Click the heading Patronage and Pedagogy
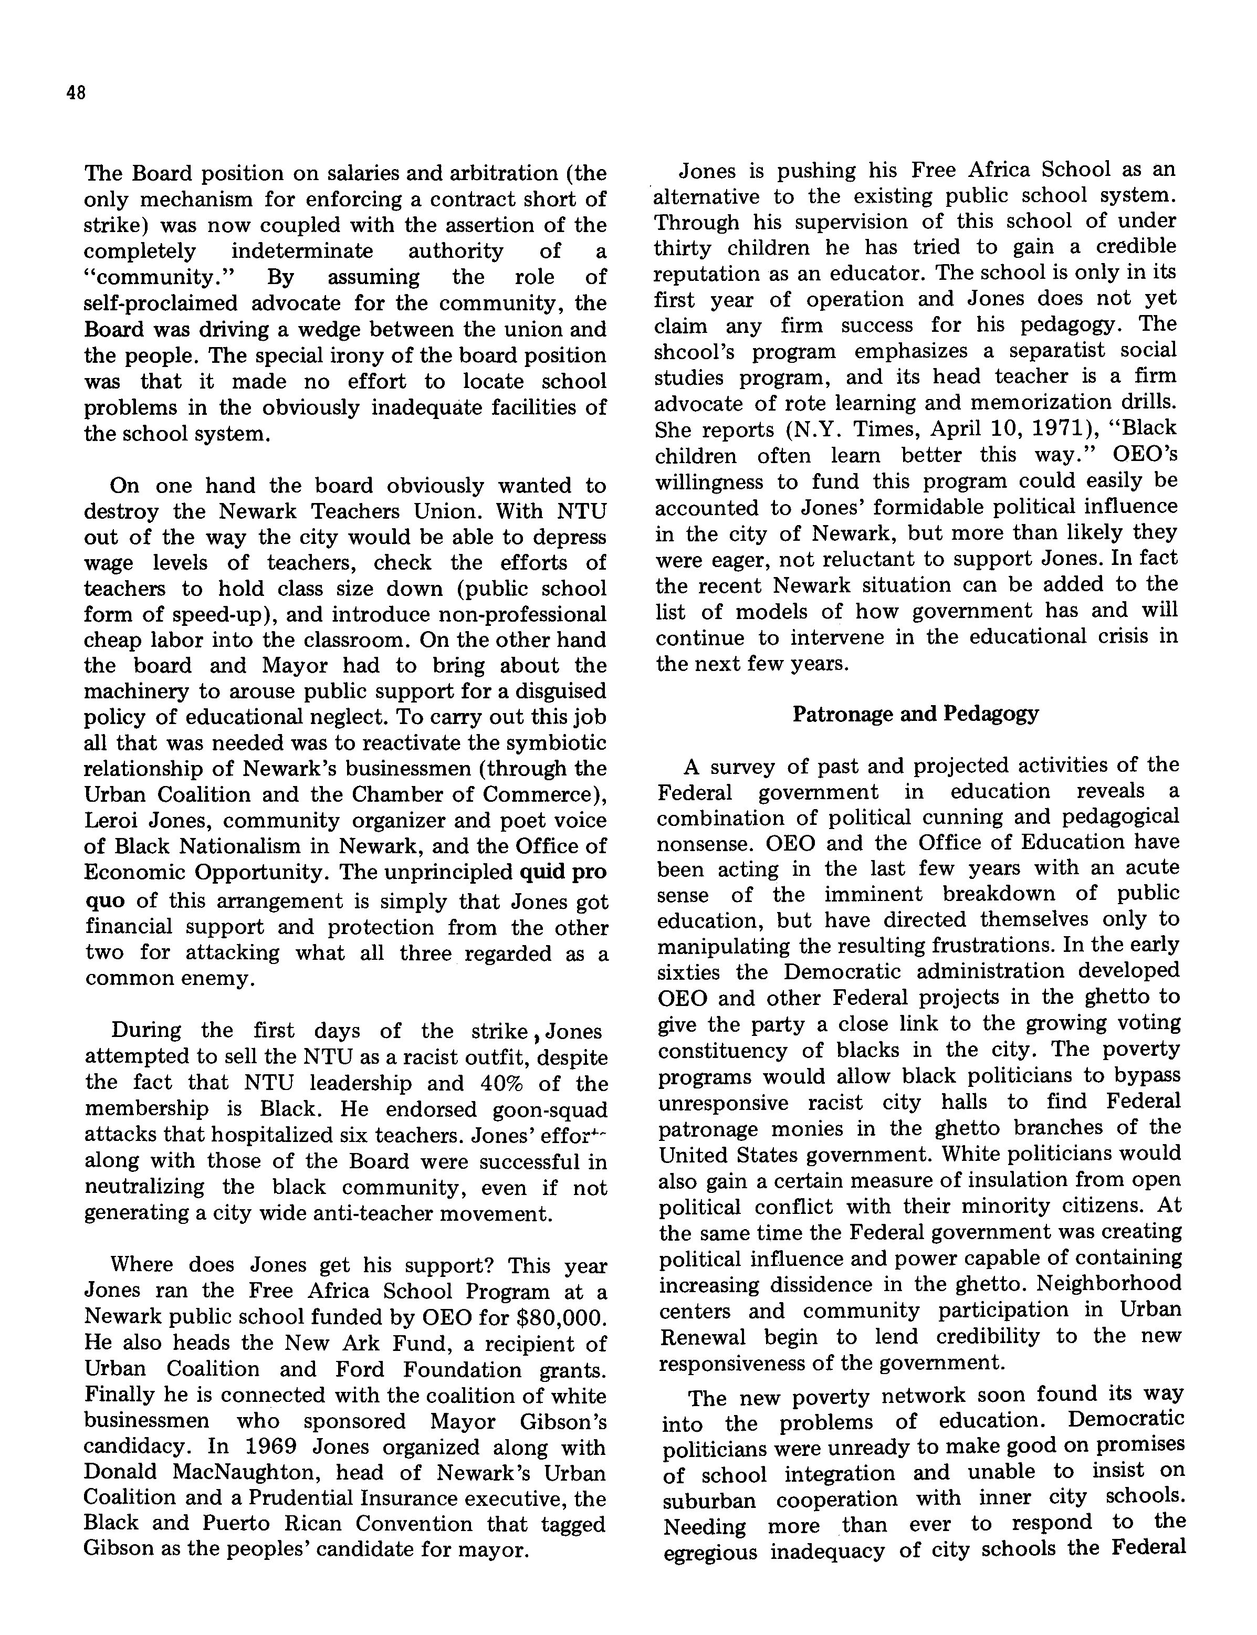(915, 714)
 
